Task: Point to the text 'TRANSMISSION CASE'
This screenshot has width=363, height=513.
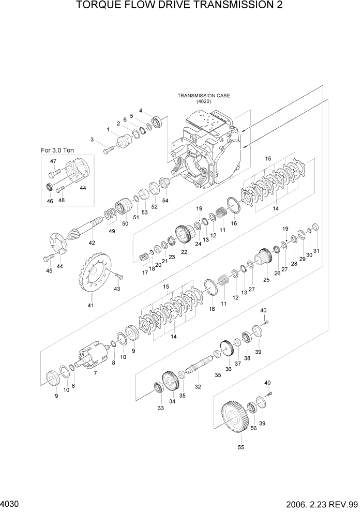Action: (204, 96)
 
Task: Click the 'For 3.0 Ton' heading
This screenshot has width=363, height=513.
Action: (57, 150)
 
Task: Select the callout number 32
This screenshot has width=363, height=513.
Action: (198, 386)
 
